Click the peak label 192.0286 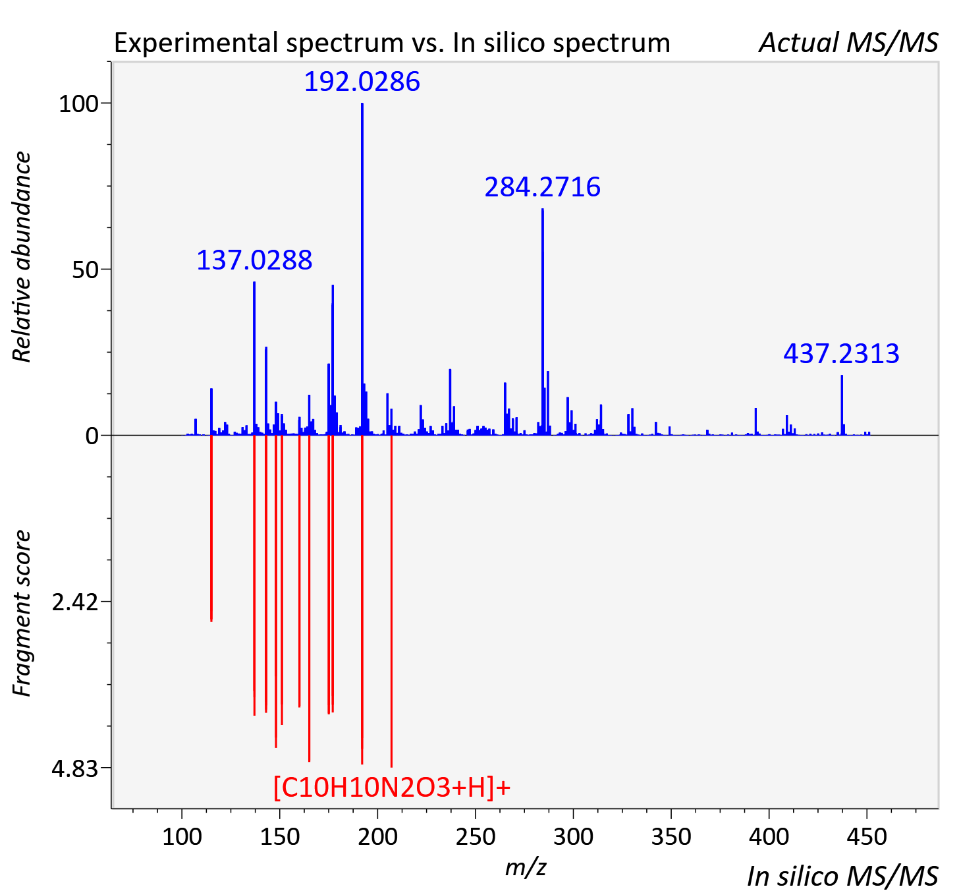pyautogui.click(x=362, y=82)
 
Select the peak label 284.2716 pyautogui.click(x=542, y=187)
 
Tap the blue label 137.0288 pyautogui.click(x=254, y=260)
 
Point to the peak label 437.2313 pyautogui.click(x=841, y=353)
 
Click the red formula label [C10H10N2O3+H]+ pyautogui.click(x=392, y=787)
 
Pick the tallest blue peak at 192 pyautogui.click(x=362, y=269)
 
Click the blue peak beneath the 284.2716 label pyautogui.click(x=543, y=322)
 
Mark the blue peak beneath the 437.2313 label pyautogui.click(x=842, y=405)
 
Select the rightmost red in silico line pyautogui.click(x=391, y=601)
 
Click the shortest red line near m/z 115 pyautogui.click(x=211, y=528)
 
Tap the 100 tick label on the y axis pyautogui.click(x=78, y=103)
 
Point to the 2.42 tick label pyautogui.click(x=75, y=602)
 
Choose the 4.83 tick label pyautogui.click(x=75, y=768)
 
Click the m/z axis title pyautogui.click(x=526, y=867)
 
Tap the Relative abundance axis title pyautogui.click(x=22, y=256)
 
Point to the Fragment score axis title pyautogui.click(x=22, y=613)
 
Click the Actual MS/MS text pyautogui.click(x=849, y=43)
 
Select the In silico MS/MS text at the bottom pyautogui.click(x=842, y=876)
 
